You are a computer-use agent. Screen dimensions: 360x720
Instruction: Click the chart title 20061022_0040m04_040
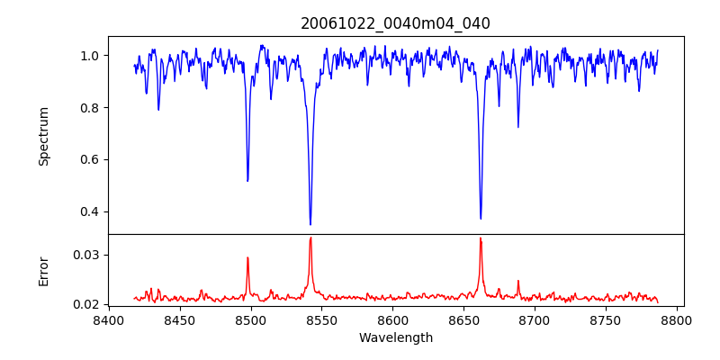click(395, 23)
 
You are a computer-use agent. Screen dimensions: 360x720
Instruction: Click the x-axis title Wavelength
click(395, 337)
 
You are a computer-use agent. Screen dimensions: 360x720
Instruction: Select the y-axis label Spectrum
click(43, 135)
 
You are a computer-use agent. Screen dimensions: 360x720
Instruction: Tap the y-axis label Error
click(43, 270)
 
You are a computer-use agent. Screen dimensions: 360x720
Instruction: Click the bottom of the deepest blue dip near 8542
click(310, 224)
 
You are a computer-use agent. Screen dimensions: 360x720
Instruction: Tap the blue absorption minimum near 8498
click(247, 181)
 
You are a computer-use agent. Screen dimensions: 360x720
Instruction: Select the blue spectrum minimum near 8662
click(481, 218)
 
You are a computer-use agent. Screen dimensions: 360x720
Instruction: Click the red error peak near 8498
click(247, 257)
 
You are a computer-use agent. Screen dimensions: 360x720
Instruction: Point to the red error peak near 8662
click(481, 238)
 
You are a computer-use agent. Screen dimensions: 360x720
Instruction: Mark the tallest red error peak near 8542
click(310, 238)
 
